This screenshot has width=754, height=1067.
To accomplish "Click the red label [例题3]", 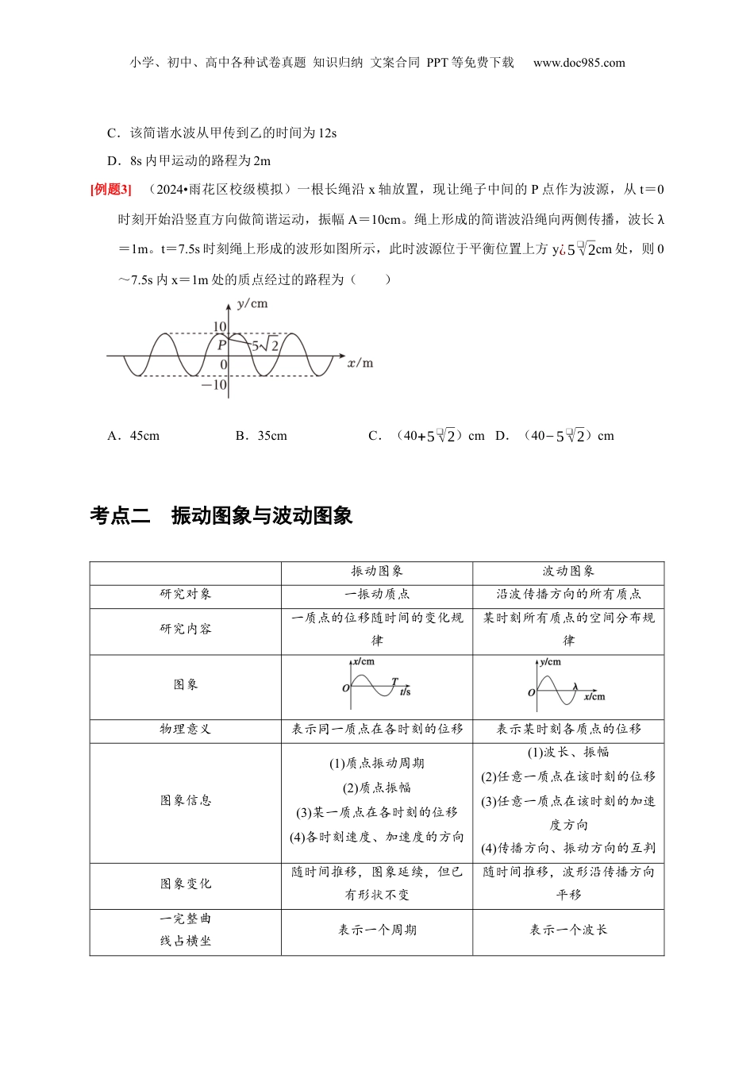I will (111, 190).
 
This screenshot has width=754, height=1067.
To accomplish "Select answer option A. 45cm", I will (133, 436).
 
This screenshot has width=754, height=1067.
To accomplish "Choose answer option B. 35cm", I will (261, 436).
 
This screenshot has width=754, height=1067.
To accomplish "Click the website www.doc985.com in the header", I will (579, 63).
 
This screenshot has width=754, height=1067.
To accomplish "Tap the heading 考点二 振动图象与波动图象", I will (221, 516).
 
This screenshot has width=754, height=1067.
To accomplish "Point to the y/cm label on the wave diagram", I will (252, 303).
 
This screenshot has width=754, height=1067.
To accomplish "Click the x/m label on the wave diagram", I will (360, 363).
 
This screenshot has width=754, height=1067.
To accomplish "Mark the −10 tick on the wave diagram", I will (214, 385).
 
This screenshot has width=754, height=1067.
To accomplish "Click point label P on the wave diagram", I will (221, 345).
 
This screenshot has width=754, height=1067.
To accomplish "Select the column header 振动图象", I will (377, 572).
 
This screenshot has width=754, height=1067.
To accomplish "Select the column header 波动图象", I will (568, 572).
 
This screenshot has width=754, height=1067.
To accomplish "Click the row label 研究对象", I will (186, 595).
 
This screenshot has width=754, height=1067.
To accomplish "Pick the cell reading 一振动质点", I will (377, 595).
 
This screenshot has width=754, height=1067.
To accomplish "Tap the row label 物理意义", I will (186, 730).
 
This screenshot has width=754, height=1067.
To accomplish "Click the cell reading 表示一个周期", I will (377, 930).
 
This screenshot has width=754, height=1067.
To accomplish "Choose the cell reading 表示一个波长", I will (568, 930).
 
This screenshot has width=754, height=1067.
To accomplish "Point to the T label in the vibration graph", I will (394, 682).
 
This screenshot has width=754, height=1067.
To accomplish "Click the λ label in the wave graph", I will (575, 688).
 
